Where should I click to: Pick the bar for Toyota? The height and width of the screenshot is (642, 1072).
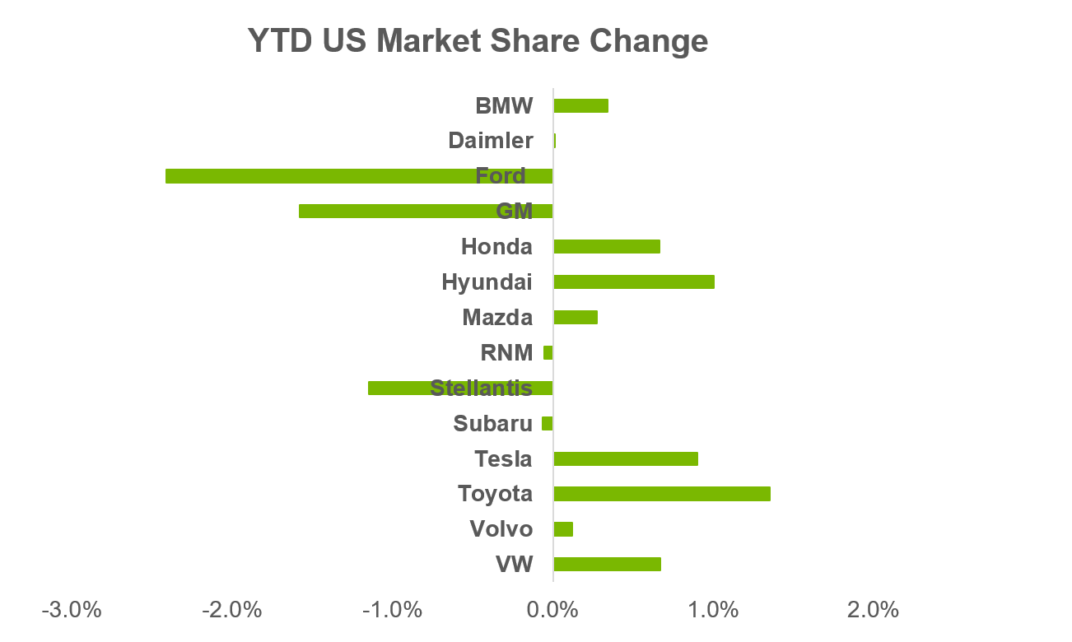point(662,494)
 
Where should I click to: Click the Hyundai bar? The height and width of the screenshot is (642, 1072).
point(634,281)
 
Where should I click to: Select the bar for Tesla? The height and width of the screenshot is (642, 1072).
point(626,458)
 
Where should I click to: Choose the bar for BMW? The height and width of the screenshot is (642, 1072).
point(581,105)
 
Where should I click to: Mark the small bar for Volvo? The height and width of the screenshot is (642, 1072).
point(563,529)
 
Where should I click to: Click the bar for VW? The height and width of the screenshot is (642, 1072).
point(608,564)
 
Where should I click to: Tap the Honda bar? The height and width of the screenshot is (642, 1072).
point(607,246)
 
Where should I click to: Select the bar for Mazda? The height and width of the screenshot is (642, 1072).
point(576,317)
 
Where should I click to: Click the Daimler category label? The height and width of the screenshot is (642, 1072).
point(491,141)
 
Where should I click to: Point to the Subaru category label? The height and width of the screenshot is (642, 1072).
point(493,423)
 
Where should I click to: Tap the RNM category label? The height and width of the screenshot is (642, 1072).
point(506,352)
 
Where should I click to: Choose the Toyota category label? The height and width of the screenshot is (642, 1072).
point(496,494)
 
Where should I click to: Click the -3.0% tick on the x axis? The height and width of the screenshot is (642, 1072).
point(72,610)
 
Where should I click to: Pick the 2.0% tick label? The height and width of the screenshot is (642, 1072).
point(873,610)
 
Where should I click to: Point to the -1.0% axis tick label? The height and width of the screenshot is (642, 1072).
point(393,610)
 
